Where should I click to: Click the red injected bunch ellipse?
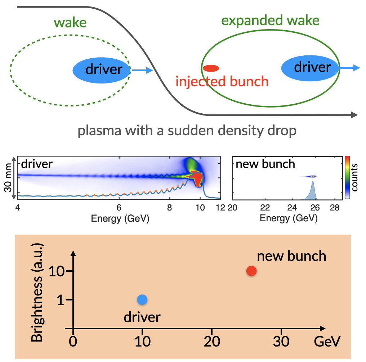click(x=211, y=68)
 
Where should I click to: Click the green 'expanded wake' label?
click(x=270, y=21)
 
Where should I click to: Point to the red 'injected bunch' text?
click(x=222, y=82)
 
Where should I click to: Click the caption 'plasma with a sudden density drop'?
click(x=187, y=130)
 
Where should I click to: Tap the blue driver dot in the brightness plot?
click(x=142, y=299)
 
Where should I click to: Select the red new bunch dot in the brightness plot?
click(x=251, y=271)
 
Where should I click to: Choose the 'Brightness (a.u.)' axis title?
click(x=37, y=293)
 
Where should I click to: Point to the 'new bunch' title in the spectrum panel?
click(x=265, y=164)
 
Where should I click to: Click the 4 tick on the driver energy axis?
click(x=17, y=208)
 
